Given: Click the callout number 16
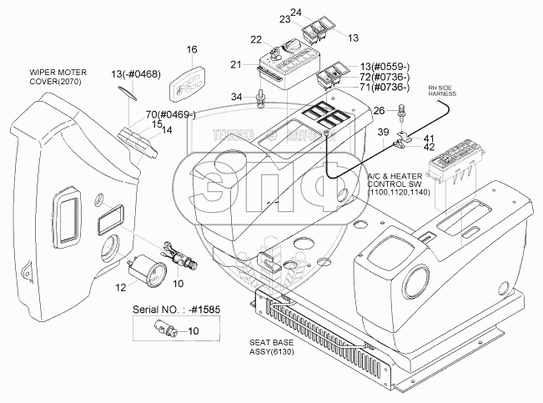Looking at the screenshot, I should point(192,50).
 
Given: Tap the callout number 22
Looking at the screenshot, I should point(256,40).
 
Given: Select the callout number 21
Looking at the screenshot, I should point(236,65).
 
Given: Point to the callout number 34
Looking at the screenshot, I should point(236,98).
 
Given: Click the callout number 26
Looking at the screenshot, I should point(379,109).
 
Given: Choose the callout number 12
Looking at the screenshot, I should point(121,288).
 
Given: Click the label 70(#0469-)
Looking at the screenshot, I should point(170,115).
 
